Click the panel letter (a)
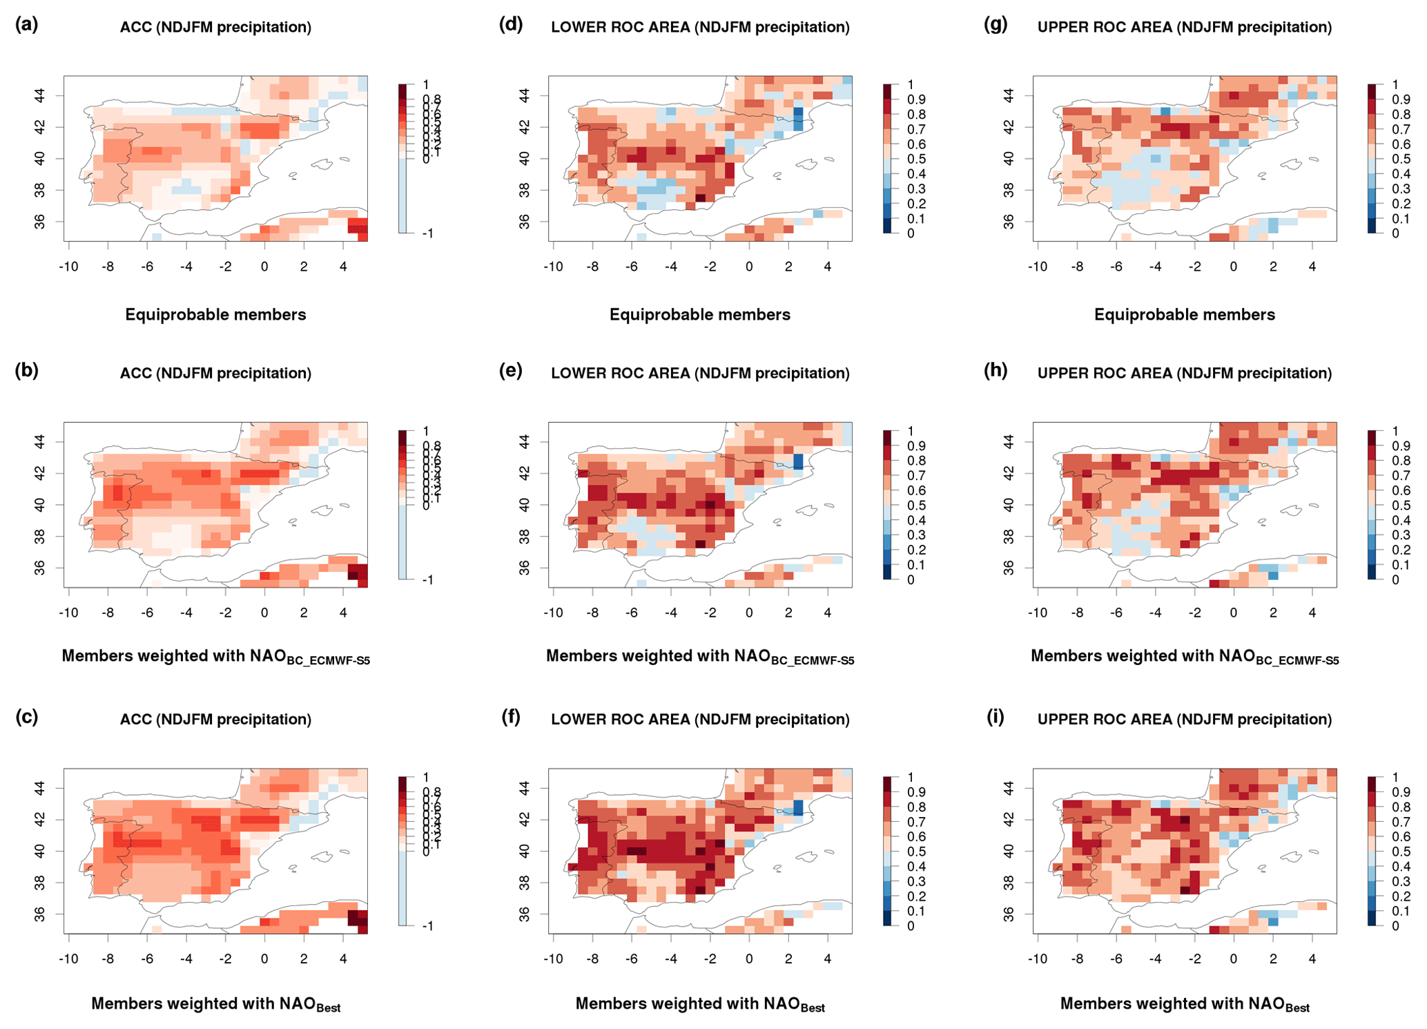(x=26, y=25)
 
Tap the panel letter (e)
(x=511, y=371)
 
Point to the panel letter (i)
(x=995, y=717)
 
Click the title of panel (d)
(x=700, y=27)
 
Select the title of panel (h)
(x=1184, y=373)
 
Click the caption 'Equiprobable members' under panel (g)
(x=1184, y=315)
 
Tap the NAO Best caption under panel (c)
(x=215, y=1004)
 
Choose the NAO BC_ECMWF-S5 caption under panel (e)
(x=700, y=657)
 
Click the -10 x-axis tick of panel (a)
(x=68, y=267)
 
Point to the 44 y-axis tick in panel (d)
(x=525, y=95)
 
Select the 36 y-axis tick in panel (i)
(x=1009, y=914)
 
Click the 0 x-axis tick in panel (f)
(x=749, y=959)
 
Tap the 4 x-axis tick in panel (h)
(x=1312, y=613)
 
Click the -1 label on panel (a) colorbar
(x=428, y=234)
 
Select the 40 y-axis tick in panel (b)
(x=40, y=505)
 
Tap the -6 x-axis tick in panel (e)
(x=631, y=613)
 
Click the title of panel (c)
(x=215, y=720)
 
